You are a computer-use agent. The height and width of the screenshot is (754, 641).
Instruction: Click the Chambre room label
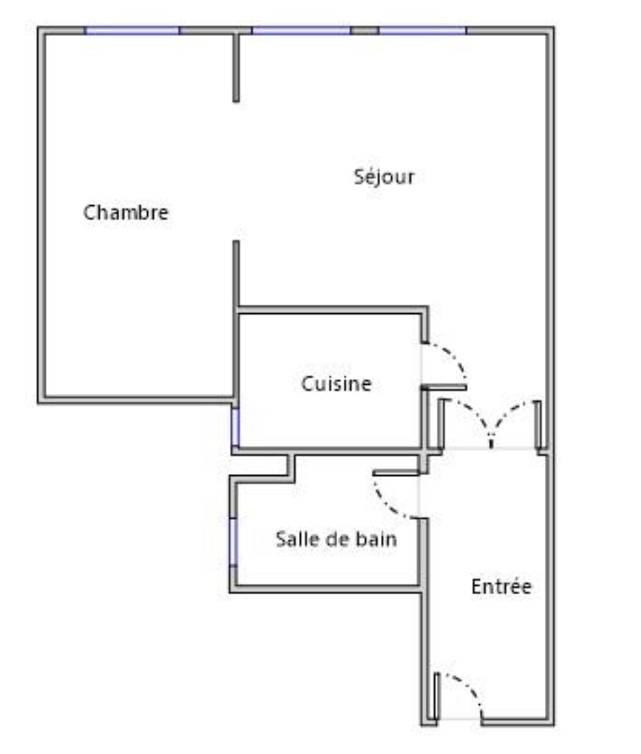(126, 212)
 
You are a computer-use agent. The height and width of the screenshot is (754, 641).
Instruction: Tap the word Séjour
(384, 177)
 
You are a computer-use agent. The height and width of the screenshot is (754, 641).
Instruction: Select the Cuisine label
(337, 384)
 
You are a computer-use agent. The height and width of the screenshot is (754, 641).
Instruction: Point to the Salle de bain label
(337, 539)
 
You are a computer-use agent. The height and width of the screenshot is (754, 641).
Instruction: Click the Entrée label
(501, 587)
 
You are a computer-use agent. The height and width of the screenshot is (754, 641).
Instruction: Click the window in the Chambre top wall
(133, 31)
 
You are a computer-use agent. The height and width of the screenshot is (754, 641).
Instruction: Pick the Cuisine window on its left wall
(236, 427)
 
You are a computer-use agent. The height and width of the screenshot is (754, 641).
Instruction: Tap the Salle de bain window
(234, 542)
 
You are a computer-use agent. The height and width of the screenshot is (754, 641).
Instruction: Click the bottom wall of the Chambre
(137, 400)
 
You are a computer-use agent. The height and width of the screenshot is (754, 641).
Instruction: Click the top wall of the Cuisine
(332, 310)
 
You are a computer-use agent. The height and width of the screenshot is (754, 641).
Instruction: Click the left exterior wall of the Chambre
(42, 215)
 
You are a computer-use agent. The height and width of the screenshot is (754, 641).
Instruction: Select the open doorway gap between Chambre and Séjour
(236, 171)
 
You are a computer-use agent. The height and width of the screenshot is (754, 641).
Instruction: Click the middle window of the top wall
(302, 31)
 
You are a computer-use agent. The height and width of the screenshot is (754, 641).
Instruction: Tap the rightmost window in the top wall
(422, 31)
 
